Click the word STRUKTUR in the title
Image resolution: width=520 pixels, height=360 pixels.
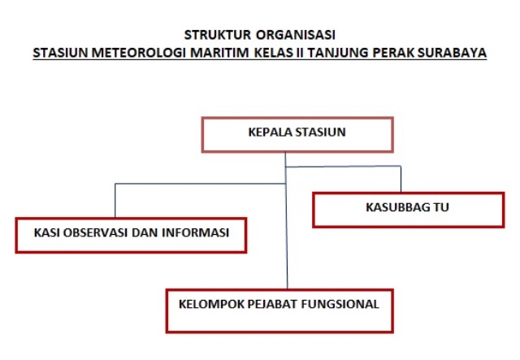(218, 35)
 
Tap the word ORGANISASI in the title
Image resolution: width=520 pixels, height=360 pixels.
(296, 35)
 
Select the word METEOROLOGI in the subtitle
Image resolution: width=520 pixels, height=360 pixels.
(138, 53)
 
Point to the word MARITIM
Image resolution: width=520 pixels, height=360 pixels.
(219, 53)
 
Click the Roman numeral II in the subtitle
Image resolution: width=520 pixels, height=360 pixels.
(300, 53)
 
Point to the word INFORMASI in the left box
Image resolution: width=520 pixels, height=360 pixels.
(195, 232)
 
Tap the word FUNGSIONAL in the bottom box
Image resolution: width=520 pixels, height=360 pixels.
(340, 304)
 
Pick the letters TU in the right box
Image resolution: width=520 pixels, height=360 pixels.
(441, 207)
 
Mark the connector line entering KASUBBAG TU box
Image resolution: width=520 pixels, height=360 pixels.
(401, 179)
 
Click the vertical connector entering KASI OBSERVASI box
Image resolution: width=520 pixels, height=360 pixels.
(115, 200)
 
